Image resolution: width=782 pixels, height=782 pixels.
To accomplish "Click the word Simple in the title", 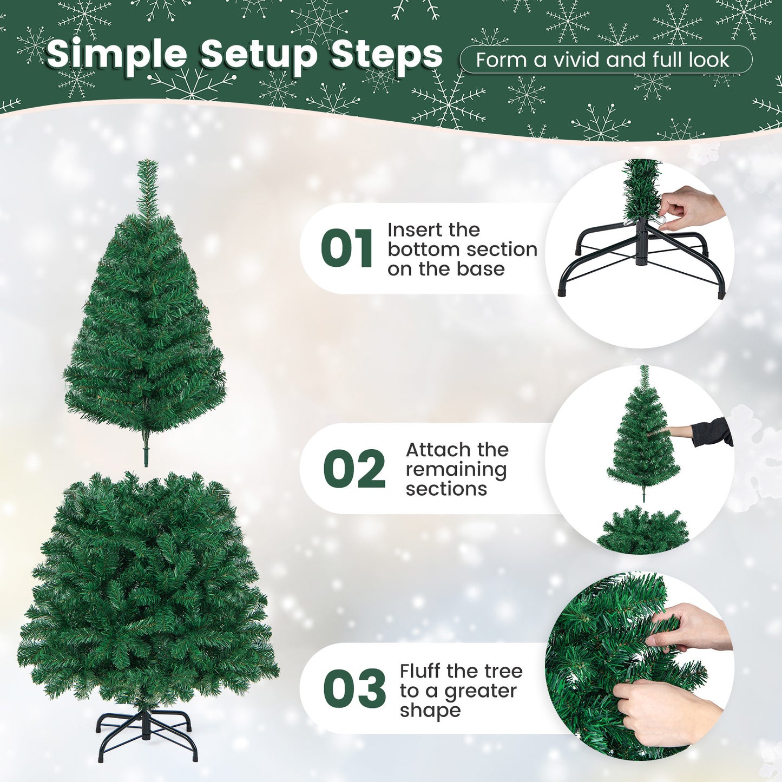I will click(116, 55).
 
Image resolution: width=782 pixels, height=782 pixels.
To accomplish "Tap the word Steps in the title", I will click(386, 55).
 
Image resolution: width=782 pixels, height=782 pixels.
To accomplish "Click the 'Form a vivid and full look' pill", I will click(605, 60).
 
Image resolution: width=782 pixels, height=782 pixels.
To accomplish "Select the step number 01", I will click(346, 248).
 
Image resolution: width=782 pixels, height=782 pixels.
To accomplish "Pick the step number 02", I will click(354, 469).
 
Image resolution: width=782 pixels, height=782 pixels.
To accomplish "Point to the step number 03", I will click(354, 688).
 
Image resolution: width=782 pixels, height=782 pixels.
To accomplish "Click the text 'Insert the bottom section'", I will click(462, 240).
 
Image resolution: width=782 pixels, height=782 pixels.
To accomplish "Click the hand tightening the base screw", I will click(690, 208).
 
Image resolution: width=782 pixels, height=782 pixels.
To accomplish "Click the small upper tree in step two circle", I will click(643, 438).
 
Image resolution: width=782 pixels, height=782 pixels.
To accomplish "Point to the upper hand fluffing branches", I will click(690, 628).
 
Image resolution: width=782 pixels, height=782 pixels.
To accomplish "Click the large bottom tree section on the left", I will click(146, 590).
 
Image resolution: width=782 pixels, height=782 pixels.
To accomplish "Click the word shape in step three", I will click(430, 711).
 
